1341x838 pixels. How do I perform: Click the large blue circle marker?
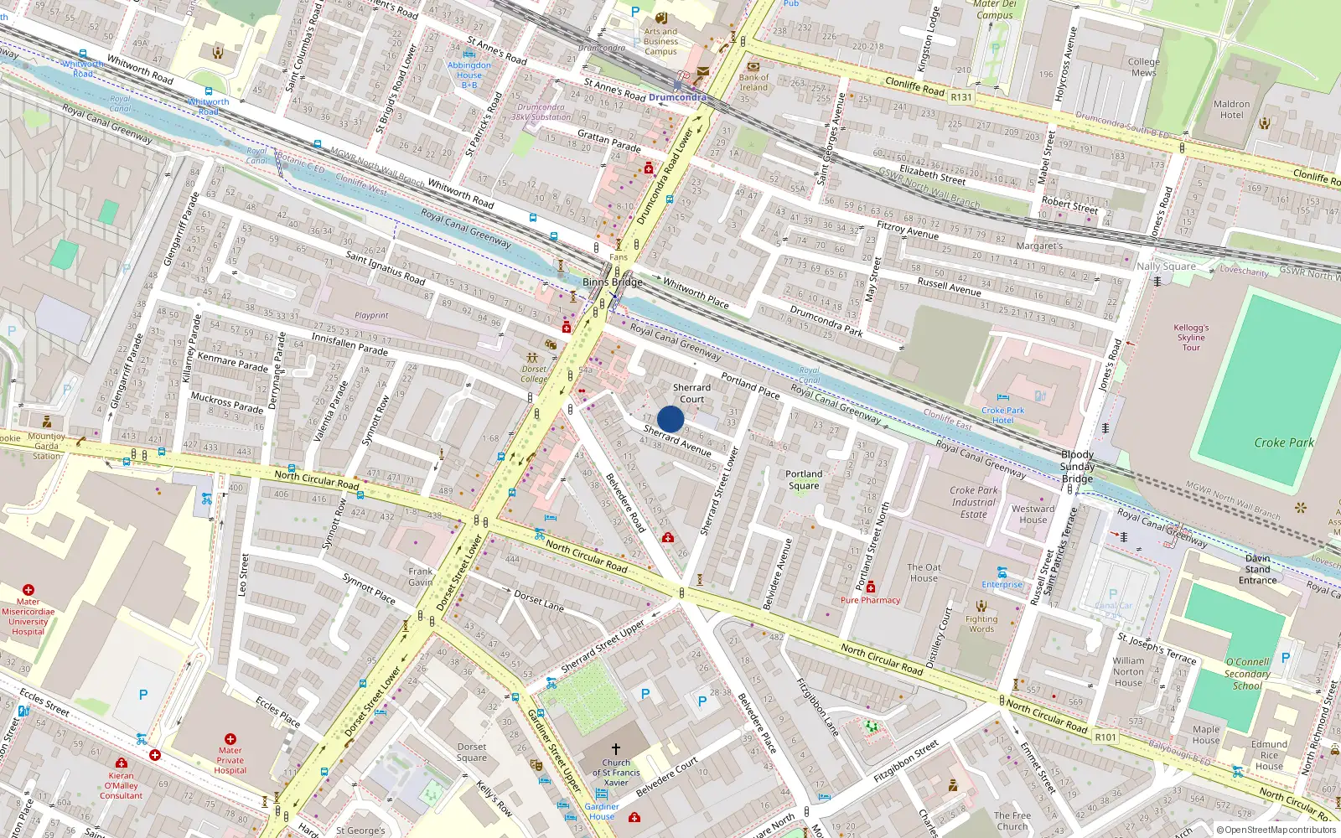pyautogui.click(x=670, y=419)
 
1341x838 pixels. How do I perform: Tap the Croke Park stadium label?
pyautogui.click(x=1283, y=442)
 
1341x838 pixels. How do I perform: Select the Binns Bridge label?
pyautogui.click(x=612, y=282)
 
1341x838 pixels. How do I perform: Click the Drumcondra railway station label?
pyautogui.click(x=677, y=97)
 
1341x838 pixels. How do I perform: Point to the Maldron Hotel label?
pyautogui.click(x=1231, y=110)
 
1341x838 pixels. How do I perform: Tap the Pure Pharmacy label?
pyautogui.click(x=870, y=600)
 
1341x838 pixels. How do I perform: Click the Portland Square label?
pyautogui.click(x=803, y=479)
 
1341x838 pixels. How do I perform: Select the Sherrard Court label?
pyautogui.click(x=691, y=393)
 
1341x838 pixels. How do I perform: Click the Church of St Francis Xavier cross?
pyautogui.click(x=616, y=748)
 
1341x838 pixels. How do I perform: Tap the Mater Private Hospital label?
pyautogui.click(x=230, y=760)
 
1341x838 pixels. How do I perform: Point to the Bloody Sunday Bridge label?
pyautogui.click(x=1077, y=466)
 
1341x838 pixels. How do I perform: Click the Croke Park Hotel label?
pyautogui.click(x=1002, y=415)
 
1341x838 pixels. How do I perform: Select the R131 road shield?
pyautogui.click(x=961, y=97)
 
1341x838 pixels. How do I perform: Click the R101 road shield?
pyautogui.click(x=1105, y=737)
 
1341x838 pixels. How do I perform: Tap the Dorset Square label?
pyautogui.click(x=472, y=752)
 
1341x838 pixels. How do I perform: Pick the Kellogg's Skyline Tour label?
pyautogui.click(x=1191, y=337)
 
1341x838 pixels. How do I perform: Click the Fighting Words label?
pyautogui.click(x=981, y=623)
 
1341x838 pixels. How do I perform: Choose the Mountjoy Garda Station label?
pyautogui.click(x=46, y=446)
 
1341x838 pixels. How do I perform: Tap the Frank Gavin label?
pyautogui.click(x=421, y=577)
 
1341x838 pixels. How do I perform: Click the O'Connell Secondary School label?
pyautogui.click(x=1247, y=673)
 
